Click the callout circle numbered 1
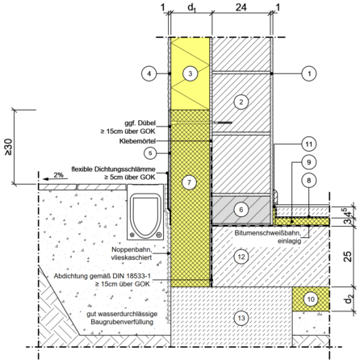(309, 73)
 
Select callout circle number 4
(149, 73)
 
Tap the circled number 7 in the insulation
(189, 182)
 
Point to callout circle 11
(309, 144)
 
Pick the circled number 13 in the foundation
(241, 318)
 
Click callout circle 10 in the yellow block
(311, 299)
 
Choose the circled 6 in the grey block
(241, 210)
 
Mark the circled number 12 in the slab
(241, 257)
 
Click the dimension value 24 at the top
(241, 7)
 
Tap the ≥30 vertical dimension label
(8, 147)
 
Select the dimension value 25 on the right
(348, 257)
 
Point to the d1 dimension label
(191, 8)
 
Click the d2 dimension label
(349, 298)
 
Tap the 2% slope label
(58, 175)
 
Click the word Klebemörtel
(137, 141)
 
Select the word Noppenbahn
(132, 249)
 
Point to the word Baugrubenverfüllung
(122, 322)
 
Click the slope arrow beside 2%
(55, 179)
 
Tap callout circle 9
(309, 162)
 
